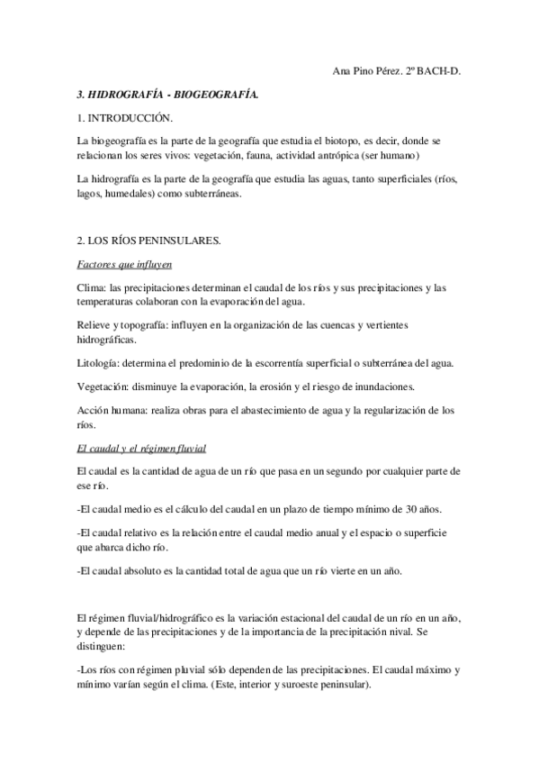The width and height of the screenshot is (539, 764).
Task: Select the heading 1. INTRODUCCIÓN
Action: click(126, 118)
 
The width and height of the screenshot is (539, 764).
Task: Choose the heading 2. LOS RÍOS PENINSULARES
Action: click(148, 241)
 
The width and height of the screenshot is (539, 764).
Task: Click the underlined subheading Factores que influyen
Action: click(124, 265)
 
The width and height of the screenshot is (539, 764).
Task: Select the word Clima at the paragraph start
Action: click(92, 288)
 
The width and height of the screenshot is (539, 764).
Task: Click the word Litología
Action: click(100, 362)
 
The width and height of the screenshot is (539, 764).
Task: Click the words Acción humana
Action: click(112, 410)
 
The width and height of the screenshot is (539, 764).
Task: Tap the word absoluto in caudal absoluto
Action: click(146, 569)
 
